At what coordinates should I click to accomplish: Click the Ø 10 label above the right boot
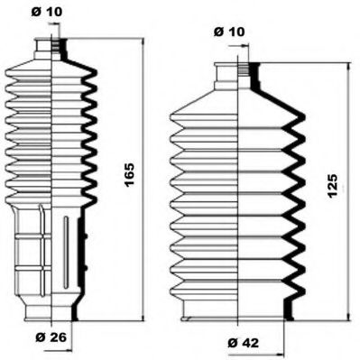(x=229, y=32)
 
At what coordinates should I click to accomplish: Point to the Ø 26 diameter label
(x=47, y=338)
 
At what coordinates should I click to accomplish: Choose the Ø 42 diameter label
(x=236, y=341)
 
